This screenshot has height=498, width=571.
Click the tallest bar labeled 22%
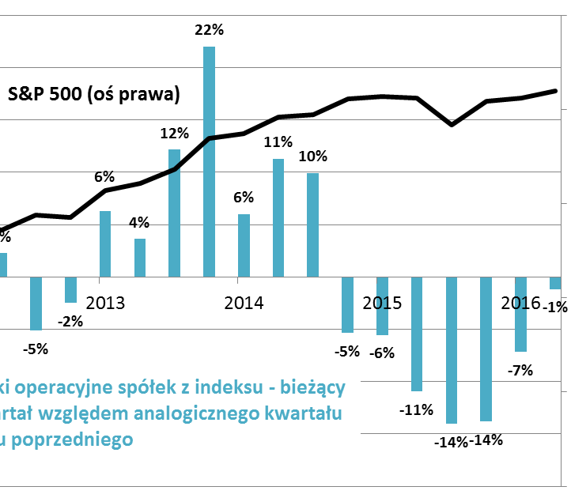[x=210, y=162]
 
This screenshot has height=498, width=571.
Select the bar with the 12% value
[x=175, y=213]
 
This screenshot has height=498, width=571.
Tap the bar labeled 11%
[x=278, y=217]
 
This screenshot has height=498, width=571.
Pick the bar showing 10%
[x=313, y=224]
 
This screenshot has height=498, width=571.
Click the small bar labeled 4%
[x=140, y=258]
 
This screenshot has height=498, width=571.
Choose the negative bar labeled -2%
[x=71, y=289]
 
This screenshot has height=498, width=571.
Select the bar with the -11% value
[x=417, y=334]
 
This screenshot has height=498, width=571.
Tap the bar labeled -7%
[x=520, y=314]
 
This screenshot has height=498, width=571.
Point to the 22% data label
[x=210, y=31]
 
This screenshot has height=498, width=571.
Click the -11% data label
[x=416, y=409]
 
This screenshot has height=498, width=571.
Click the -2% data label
[x=71, y=321]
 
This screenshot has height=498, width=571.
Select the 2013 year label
[x=106, y=303]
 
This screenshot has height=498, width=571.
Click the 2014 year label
[x=244, y=303]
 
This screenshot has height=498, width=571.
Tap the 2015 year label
[x=382, y=303]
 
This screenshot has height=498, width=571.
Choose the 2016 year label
[x=521, y=303]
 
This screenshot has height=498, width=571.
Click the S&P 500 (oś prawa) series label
[x=94, y=94]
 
